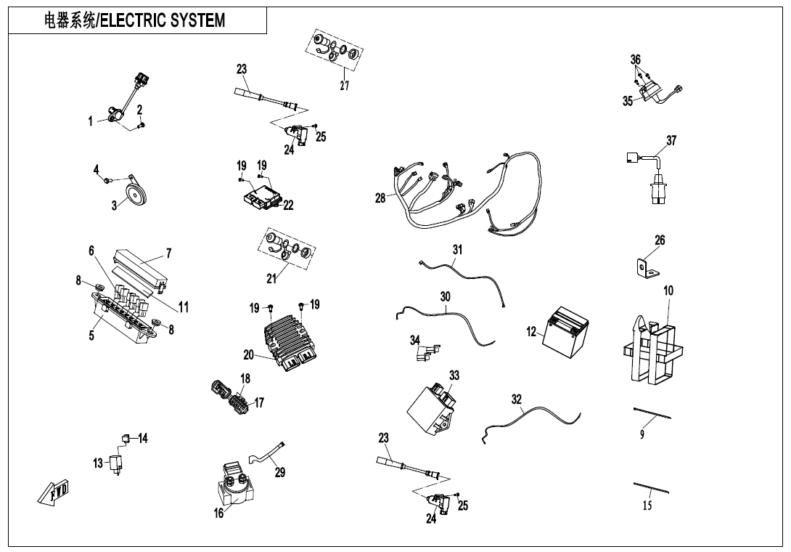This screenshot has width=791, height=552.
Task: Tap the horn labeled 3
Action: click(134, 194)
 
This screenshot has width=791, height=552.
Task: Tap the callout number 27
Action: click(345, 86)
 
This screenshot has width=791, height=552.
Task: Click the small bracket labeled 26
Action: click(644, 269)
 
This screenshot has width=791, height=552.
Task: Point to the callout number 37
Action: click(671, 141)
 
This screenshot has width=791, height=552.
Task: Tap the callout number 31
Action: click(457, 249)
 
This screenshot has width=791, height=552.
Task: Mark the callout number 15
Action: click(648, 506)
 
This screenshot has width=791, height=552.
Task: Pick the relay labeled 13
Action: click(115, 463)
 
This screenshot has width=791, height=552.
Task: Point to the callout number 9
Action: click(642, 434)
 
